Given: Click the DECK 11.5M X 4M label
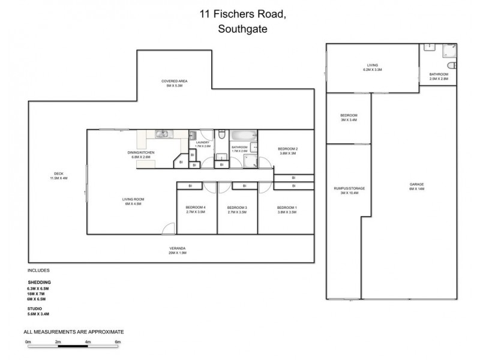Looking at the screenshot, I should [58, 176].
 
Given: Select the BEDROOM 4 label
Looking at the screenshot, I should [196, 209].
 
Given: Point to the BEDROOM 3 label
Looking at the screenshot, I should [237, 209].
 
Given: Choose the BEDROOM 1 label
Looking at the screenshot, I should [287, 209].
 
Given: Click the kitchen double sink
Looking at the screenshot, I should [163, 134].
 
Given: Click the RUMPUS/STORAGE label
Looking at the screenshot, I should [349, 190].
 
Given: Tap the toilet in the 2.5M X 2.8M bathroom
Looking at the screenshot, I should [452, 65].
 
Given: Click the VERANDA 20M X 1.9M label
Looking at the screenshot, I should [177, 251].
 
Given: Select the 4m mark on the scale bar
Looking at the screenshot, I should [88, 342].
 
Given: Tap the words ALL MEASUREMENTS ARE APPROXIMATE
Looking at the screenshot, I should [73, 331].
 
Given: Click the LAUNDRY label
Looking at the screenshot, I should [202, 143].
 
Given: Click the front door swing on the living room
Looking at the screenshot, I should [169, 229].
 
